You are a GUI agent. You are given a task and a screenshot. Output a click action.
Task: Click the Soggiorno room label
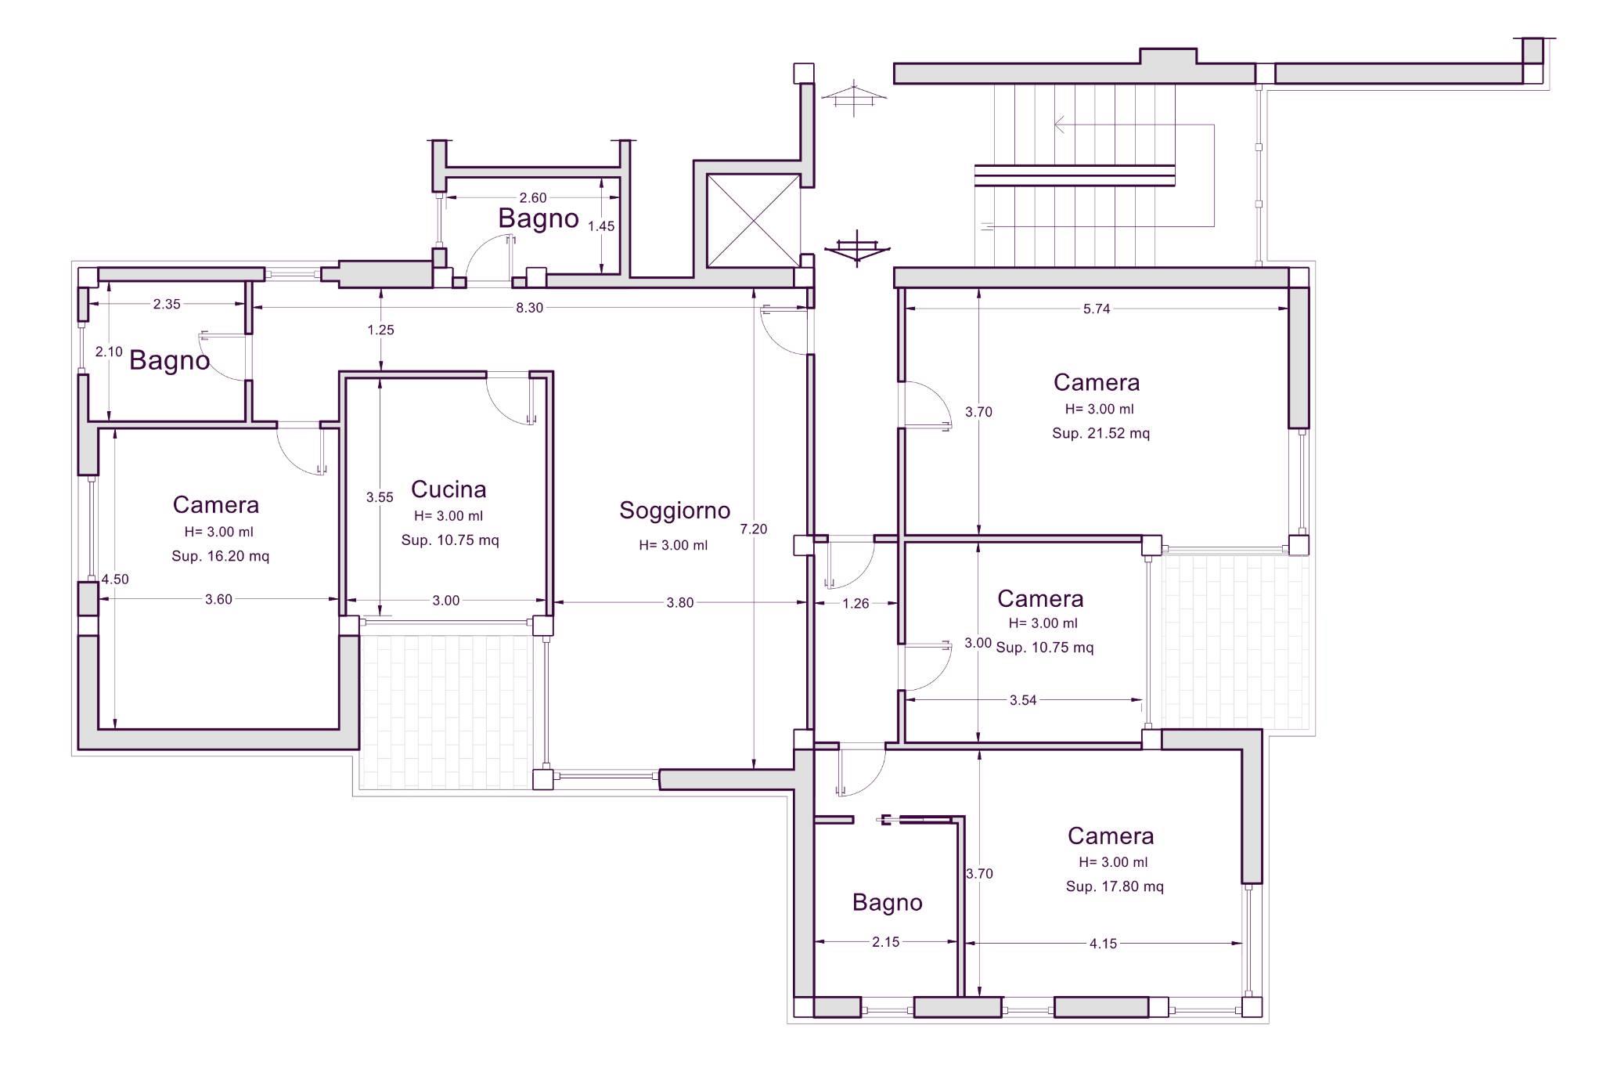pyautogui.click(x=675, y=511)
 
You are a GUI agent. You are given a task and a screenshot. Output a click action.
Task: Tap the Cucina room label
pyautogui.click(x=448, y=489)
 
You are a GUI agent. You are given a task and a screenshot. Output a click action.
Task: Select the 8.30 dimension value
pyautogui.click(x=529, y=308)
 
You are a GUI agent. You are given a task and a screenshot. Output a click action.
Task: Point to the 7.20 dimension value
pyautogui.click(x=754, y=529)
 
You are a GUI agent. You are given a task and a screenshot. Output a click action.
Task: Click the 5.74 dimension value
pyautogui.click(x=1097, y=309)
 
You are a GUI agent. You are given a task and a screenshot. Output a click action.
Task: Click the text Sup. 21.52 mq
pyautogui.click(x=1100, y=433)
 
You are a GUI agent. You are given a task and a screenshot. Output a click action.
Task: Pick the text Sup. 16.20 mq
pyautogui.click(x=221, y=556)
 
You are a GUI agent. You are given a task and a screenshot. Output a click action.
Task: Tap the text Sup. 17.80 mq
pyautogui.click(x=1115, y=886)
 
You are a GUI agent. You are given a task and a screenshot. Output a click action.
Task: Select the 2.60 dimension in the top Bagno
pyautogui.click(x=533, y=198)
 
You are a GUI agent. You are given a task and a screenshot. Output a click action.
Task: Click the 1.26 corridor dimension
pyautogui.click(x=856, y=603)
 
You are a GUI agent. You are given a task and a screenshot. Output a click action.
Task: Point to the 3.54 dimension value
pyautogui.click(x=1023, y=700)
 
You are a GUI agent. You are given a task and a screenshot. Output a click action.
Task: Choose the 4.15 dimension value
pyautogui.click(x=1103, y=944)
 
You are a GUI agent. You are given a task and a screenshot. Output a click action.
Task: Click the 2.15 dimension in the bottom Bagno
pyautogui.click(x=886, y=942)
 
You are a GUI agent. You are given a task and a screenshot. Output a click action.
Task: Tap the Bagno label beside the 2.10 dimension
pyautogui.click(x=170, y=361)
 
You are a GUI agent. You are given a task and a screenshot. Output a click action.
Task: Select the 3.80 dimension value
pyautogui.click(x=679, y=603)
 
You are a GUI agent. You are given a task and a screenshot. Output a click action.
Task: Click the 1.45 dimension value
pyautogui.click(x=601, y=226)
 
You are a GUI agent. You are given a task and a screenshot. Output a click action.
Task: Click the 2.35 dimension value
pyautogui.click(x=167, y=304)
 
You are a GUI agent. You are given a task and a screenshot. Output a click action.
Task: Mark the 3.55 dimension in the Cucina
pyautogui.click(x=380, y=497)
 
